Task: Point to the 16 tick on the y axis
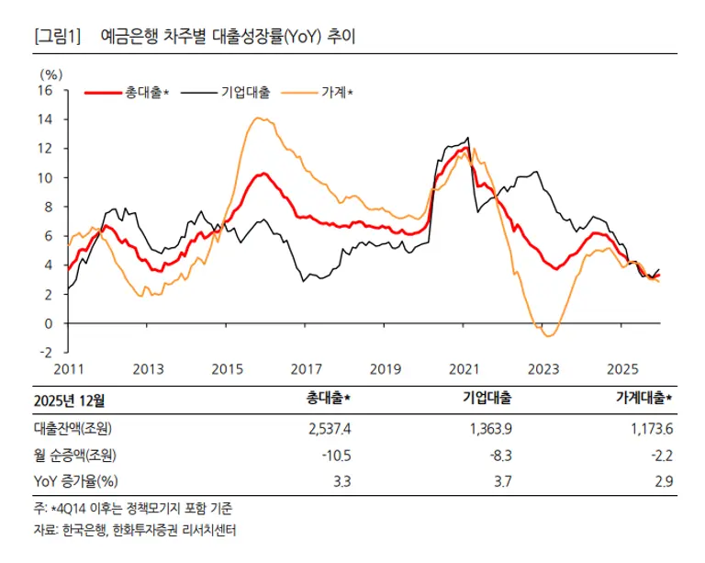click(x=45, y=90)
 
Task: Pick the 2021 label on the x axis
click(x=464, y=369)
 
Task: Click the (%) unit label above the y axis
click(x=50, y=73)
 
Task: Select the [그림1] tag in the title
click(x=58, y=38)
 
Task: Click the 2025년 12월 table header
click(x=69, y=399)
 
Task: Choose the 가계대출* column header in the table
click(x=643, y=399)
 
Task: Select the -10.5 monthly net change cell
click(x=335, y=456)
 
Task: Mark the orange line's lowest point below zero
click(x=548, y=336)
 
